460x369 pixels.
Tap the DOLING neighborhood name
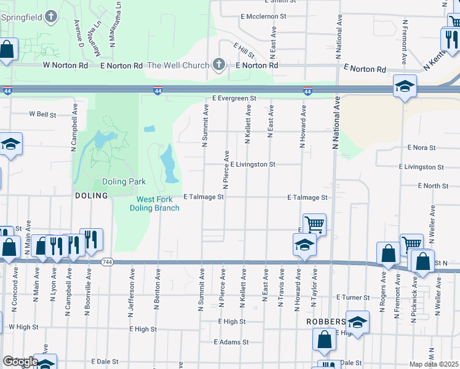click(x=91, y=196)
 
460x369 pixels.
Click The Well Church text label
click(x=175, y=65)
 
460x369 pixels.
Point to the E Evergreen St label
click(x=234, y=98)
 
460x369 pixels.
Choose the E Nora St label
click(x=421, y=148)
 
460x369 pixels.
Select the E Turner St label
click(x=353, y=297)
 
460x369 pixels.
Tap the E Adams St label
click(x=231, y=342)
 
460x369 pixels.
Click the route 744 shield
click(x=108, y=262)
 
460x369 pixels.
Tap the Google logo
click(x=20, y=361)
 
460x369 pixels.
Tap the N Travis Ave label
click(x=282, y=287)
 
